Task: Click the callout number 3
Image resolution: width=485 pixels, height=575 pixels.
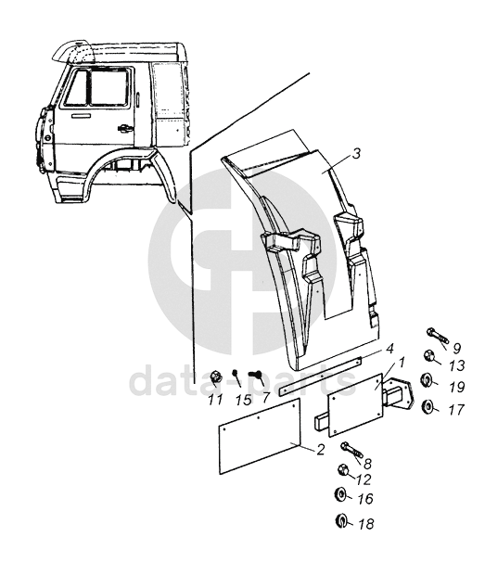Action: [x=356, y=154]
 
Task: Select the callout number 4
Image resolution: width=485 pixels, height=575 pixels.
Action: [x=389, y=349]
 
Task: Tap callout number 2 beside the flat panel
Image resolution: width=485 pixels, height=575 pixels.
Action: [x=321, y=449]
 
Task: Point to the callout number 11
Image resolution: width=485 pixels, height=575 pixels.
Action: [x=215, y=400]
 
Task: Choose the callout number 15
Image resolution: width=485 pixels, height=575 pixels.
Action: [x=243, y=400]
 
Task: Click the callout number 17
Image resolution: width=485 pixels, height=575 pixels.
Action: [x=457, y=409]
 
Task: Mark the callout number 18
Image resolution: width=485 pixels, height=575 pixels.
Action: [x=366, y=524]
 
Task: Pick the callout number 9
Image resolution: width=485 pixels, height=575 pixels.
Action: [x=456, y=349]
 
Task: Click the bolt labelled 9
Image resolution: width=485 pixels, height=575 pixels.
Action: [x=438, y=337]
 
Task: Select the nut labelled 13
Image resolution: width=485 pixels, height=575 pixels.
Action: [x=428, y=355]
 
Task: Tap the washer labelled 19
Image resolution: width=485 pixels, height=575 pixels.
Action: [x=426, y=380]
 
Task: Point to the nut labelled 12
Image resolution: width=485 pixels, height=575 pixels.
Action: [x=342, y=469]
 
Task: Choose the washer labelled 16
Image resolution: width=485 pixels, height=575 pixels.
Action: [x=340, y=494]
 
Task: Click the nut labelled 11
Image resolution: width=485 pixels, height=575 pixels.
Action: [x=215, y=377]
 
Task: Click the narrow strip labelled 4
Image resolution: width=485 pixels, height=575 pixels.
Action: [x=320, y=377]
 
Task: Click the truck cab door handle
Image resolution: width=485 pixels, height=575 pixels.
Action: [x=125, y=128]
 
